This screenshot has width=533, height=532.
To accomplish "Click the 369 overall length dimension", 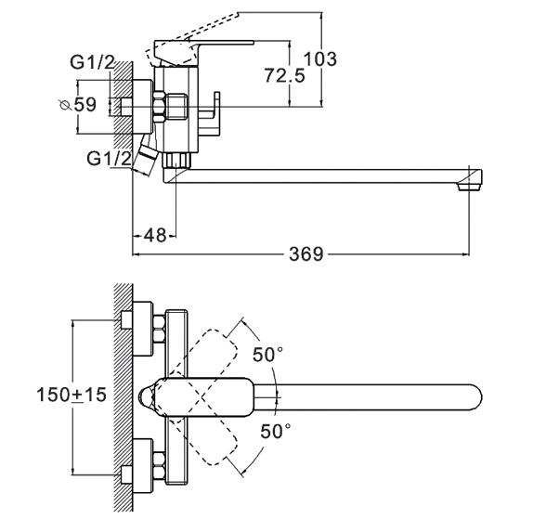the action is click(305, 254).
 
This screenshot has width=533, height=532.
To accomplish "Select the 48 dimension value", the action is click(155, 235).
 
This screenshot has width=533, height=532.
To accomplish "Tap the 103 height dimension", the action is click(319, 58).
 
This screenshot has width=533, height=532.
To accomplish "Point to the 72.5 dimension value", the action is click(285, 75).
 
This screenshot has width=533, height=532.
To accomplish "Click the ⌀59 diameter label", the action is click(78, 105).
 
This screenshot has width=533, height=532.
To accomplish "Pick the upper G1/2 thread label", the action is click(92, 62).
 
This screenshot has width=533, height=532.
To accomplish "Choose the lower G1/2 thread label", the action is click(109, 159).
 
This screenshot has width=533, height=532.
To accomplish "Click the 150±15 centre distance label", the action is click(71, 395).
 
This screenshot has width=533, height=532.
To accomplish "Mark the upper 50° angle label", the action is click(267, 355).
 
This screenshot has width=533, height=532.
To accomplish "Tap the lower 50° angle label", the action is click(276, 431).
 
